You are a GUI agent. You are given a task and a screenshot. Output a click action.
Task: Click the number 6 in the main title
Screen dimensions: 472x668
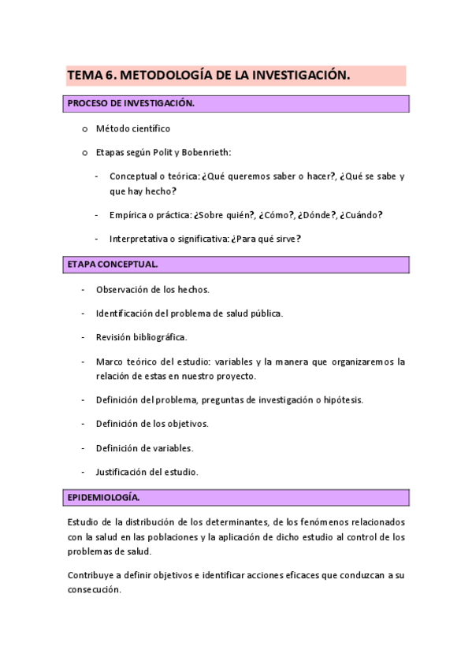tap(108, 75)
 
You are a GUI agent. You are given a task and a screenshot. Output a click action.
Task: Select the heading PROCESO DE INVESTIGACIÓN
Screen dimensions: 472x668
tap(130, 103)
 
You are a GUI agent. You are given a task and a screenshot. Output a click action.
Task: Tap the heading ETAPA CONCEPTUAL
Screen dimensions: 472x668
tap(113, 265)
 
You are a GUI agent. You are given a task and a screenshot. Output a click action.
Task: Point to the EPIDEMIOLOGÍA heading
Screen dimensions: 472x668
tap(103, 498)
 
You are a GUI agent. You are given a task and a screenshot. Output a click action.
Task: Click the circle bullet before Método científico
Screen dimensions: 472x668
tap(84, 128)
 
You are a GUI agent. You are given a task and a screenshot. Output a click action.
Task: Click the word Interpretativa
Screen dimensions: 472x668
tap(137, 238)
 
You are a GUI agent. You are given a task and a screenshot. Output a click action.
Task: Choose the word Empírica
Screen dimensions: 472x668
tap(128, 214)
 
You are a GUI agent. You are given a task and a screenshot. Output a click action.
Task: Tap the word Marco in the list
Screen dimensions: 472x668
tap(109, 362)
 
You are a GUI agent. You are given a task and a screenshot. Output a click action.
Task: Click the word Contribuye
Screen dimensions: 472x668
tap(92, 576)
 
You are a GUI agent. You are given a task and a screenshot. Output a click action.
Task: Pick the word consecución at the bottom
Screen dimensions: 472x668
tap(94, 590)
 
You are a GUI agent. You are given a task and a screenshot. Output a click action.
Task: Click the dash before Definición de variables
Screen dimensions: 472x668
tap(83, 448)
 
